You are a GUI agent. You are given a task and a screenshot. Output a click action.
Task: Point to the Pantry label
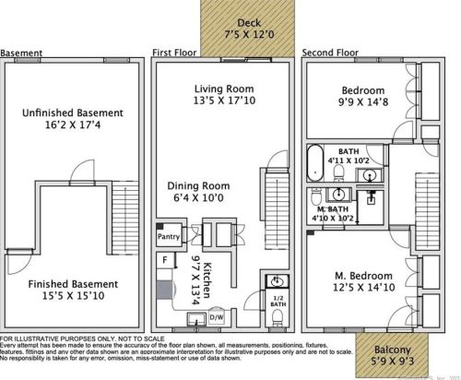tap(168, 237)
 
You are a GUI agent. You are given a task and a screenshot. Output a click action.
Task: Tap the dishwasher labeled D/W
tap(217, 318)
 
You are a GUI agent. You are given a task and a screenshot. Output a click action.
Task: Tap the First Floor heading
tap(175, 53)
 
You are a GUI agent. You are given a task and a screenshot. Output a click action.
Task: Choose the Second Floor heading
tap(330, 53)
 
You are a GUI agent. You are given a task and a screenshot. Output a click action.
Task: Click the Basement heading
tap(21, 53)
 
